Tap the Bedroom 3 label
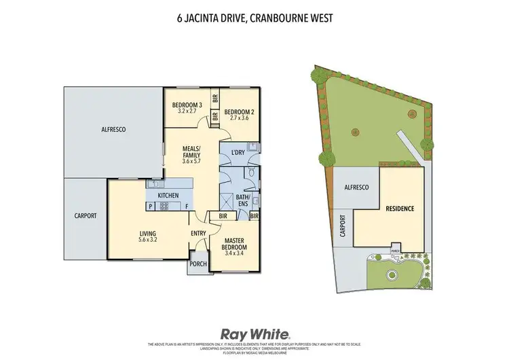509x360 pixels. click(187, 105)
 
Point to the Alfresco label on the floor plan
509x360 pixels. click(114, 128)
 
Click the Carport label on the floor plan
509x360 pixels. click(86, 215)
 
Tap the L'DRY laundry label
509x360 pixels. click(238, 151)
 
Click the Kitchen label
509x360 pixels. click(168, 196)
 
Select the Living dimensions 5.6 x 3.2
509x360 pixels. click(148, 239)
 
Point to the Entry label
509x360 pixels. click(198, 234)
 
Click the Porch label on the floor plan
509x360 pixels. click(198, 264)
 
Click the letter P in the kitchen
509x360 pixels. click(149, 206)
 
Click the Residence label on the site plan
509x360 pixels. click(400, 209)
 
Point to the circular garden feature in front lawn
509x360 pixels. click(391, 275)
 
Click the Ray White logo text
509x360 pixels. click(254, 334)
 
